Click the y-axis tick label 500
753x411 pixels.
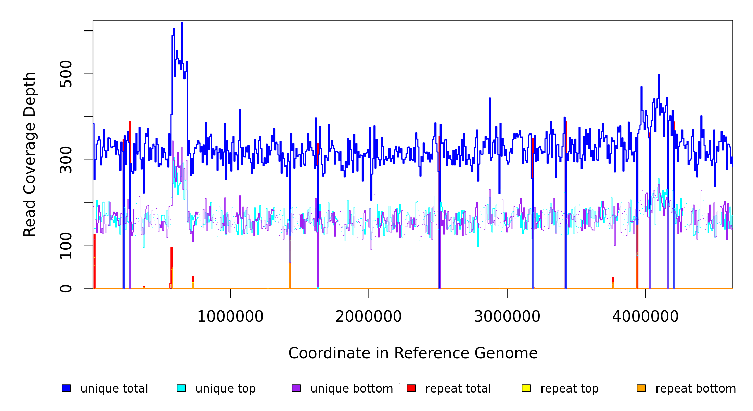[x=66, y=74]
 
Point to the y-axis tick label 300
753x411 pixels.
[x=66, y=160]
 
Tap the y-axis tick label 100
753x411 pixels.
[x=66, y=246]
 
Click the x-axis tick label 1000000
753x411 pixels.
[x=230, y=316]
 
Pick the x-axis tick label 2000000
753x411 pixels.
[x=369, y=316]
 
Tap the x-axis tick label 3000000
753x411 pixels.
[x=507, y=316]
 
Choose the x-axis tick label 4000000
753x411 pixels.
[x=645, y=316]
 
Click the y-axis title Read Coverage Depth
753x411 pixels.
[x=29, y=154]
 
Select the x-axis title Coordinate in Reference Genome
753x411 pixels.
[x=413, y=353]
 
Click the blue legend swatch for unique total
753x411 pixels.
[x=66, y=388]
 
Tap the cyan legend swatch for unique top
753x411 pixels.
[x=181, y=388]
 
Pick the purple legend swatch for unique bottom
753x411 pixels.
[x=296, y=388]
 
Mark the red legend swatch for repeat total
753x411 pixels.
[x=411, y=388]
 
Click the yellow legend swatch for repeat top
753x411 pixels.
[x=526, y=388]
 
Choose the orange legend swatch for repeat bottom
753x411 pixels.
[x=641, y=388]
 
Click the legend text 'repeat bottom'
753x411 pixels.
[x=695, y=389]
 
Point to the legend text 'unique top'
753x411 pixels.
[x=226, y=389]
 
